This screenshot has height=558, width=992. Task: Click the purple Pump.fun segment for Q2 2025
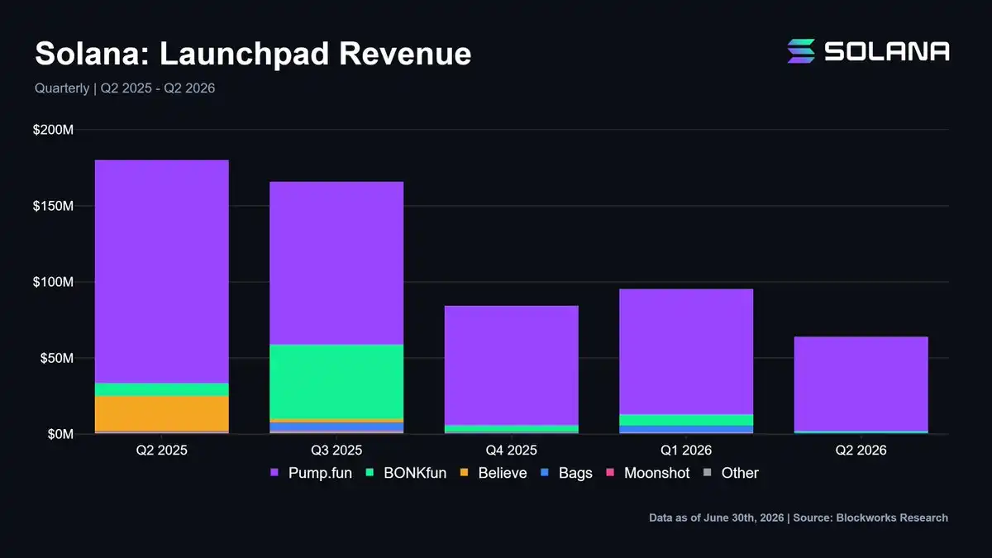pos(162,271)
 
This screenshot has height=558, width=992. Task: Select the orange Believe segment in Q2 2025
pos(162,413)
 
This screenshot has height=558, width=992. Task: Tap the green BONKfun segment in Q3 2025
pos(336,382)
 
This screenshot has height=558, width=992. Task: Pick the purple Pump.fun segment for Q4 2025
pos(512,365)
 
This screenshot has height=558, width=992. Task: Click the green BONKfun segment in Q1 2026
pos(686,420)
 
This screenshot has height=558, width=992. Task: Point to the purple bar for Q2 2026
pos(861,384)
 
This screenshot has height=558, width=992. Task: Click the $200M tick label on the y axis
pos(53,130)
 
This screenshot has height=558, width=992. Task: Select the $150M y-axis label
pos(53,206)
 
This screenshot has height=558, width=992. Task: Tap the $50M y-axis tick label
pos(57,358)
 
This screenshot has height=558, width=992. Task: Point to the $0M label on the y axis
pos(60,434)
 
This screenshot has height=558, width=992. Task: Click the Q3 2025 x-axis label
pos(336,451)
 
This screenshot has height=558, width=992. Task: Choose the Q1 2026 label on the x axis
pos(686,451)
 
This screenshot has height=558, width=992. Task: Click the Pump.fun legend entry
pos(312,473)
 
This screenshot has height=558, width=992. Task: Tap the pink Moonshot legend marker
pos(610,473)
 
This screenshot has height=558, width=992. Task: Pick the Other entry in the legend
pos(731,473)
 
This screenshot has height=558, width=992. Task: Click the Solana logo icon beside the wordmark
pos(801,51)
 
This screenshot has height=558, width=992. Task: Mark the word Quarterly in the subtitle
pos(62,88)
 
